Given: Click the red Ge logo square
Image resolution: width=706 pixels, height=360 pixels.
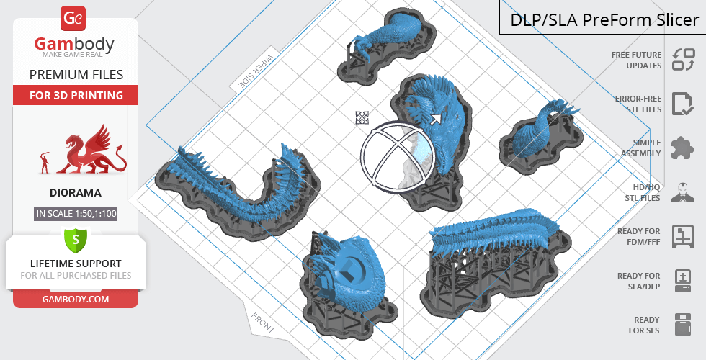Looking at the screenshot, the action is tap(73, 18).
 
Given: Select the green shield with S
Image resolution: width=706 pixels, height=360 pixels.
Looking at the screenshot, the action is tap(76, 240).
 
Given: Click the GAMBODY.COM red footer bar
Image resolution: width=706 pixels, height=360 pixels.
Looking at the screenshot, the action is tap(76, 299).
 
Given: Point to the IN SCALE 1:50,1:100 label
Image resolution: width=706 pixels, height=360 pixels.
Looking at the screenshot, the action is tap(76, 213).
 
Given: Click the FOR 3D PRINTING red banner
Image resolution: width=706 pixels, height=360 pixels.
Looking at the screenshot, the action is tap(76, 95).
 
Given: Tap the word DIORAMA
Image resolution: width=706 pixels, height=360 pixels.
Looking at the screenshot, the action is tap(76, 193).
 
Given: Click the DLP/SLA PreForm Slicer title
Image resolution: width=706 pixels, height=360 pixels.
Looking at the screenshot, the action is tap(604, 20).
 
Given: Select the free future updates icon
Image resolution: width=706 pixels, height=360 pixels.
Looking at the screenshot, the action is tap(684, 60).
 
